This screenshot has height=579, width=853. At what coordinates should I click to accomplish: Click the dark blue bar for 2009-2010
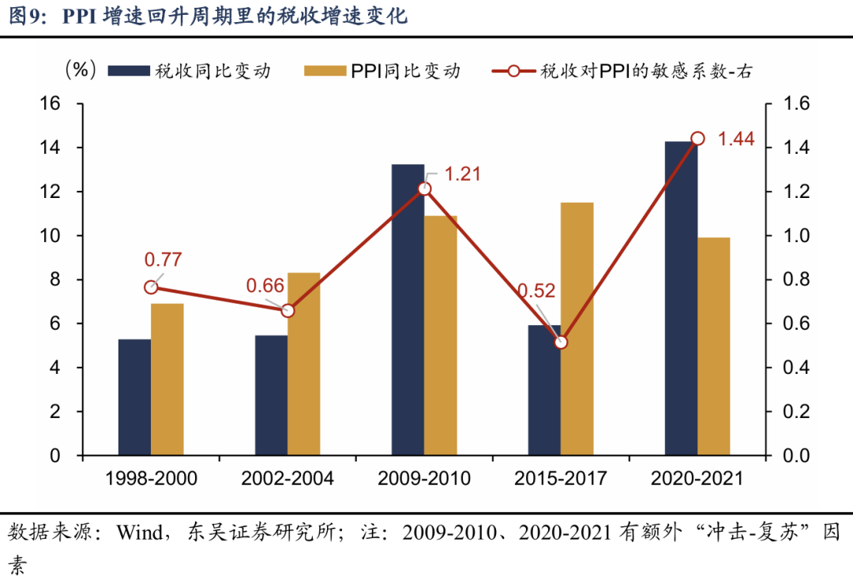click(408, 316)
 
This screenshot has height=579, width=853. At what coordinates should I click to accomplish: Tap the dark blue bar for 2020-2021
click(681, 300)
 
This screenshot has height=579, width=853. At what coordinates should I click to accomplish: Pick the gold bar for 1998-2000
click(167, 379)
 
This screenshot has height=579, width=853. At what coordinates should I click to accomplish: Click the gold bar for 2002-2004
click(303, 364)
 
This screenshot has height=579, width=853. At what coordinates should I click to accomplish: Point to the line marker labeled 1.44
click(697, 139)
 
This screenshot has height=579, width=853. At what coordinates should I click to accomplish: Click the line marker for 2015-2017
click(561, 342)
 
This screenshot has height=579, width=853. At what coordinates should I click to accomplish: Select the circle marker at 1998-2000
click(151, 287)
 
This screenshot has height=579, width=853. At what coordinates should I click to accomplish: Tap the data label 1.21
click(463, 174)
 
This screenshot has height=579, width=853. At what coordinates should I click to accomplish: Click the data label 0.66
click(264, 285)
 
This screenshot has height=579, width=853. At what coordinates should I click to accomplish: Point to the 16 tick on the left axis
click(62, 104)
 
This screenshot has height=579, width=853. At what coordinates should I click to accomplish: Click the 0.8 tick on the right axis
click(794, 280)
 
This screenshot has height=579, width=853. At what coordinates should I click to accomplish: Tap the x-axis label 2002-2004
click(287, 478)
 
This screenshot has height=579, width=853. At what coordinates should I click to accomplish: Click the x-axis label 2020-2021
click(697, 478)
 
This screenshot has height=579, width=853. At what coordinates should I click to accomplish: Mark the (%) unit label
click(81, 69)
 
